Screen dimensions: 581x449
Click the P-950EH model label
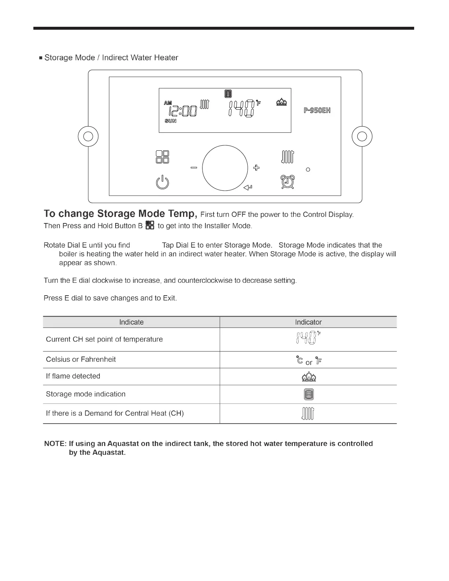click(317, 110)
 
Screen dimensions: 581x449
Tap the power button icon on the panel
click(163, 182)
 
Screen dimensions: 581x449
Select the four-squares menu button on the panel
click(163, 157)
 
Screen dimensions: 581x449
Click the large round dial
click(225, 168)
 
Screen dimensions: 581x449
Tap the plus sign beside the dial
click(256, 168)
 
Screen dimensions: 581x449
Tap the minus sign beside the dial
click(194, 168)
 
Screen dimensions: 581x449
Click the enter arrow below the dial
click(248, 188)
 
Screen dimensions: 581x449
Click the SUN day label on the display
click(171, 121)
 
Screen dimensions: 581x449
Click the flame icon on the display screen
click(281, 102)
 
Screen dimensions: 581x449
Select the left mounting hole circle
click(88, 136)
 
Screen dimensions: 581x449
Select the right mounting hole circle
click(362, 136)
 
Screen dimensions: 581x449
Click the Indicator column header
click(308, 322)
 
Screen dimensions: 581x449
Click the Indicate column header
click(131, 322)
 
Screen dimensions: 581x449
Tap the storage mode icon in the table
click(309, 394)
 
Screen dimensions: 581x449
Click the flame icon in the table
click(309, 377)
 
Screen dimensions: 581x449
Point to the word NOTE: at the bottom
click(55, 444)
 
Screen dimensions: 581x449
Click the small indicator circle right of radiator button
click(308, 169)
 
